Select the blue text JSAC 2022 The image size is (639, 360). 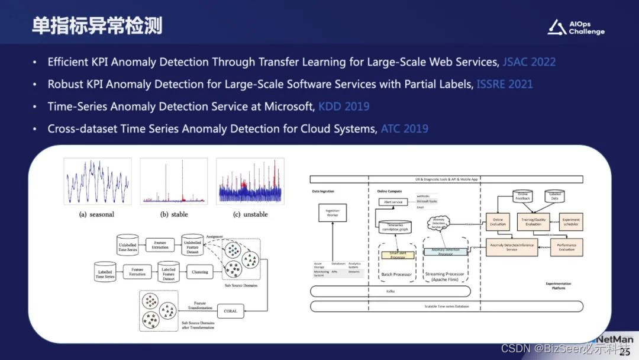click(x=529, y=62)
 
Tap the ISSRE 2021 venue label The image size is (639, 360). click(x=505, y=84)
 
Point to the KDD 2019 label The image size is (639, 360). click(x=344, y=107)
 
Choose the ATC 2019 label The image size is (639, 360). click(x=404, y=129)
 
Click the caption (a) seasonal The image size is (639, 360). click(x=98, y=214)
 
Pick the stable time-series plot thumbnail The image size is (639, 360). click(x=173, y=181)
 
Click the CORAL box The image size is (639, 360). click(x=231, y=310)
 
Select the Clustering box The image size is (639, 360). click(x=199, y=272)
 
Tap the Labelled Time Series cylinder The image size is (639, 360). click(x=105, y=272)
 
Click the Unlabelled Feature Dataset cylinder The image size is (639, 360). click(x=192, y=245)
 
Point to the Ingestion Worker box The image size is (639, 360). click(x=332, y=213)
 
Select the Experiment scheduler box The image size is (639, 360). click(x=571, y=221)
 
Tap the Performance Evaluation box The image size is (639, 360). click(x=567, y=247)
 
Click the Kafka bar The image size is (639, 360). click(x=390, y=291)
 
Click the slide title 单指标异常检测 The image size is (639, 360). click(x=97, y=26)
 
